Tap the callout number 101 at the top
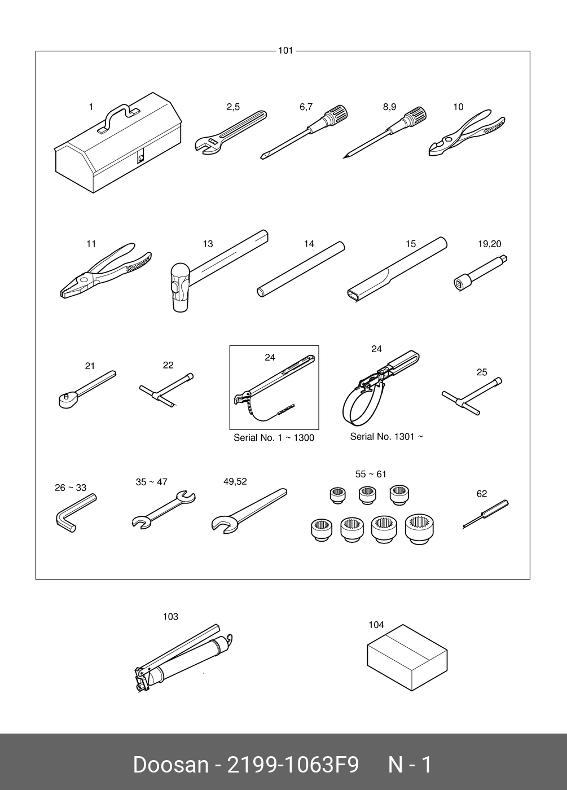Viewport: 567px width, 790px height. click(285, 51)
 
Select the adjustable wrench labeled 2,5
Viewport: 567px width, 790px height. click(230, 133)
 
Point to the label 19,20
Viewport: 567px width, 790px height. click(489, 244)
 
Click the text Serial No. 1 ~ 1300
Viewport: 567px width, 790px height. click(274, 438)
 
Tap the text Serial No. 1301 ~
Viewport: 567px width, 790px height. click(386, 436)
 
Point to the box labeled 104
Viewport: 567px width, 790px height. click(407, 655)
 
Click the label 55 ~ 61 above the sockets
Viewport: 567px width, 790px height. click(371, 474)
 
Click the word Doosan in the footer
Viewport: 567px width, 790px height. click(170, 765)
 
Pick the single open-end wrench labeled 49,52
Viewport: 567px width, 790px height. click(248, 510)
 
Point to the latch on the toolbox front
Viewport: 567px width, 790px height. click(141, 156)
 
